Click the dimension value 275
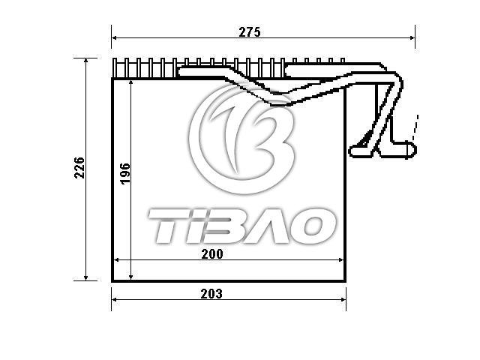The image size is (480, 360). pos(250,32)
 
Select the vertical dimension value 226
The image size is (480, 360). pos(79,168)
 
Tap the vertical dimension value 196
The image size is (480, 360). pos(125,173)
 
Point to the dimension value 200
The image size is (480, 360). pos(212,254)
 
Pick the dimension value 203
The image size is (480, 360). pos(211,294)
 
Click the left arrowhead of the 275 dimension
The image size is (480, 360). pos(114,37)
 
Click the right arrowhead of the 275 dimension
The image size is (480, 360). pos(412,37)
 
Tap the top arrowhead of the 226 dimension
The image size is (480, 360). pos(86,61)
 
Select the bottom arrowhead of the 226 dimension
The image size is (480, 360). pos(86,277)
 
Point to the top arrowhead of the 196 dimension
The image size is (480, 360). pos(131,82)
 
